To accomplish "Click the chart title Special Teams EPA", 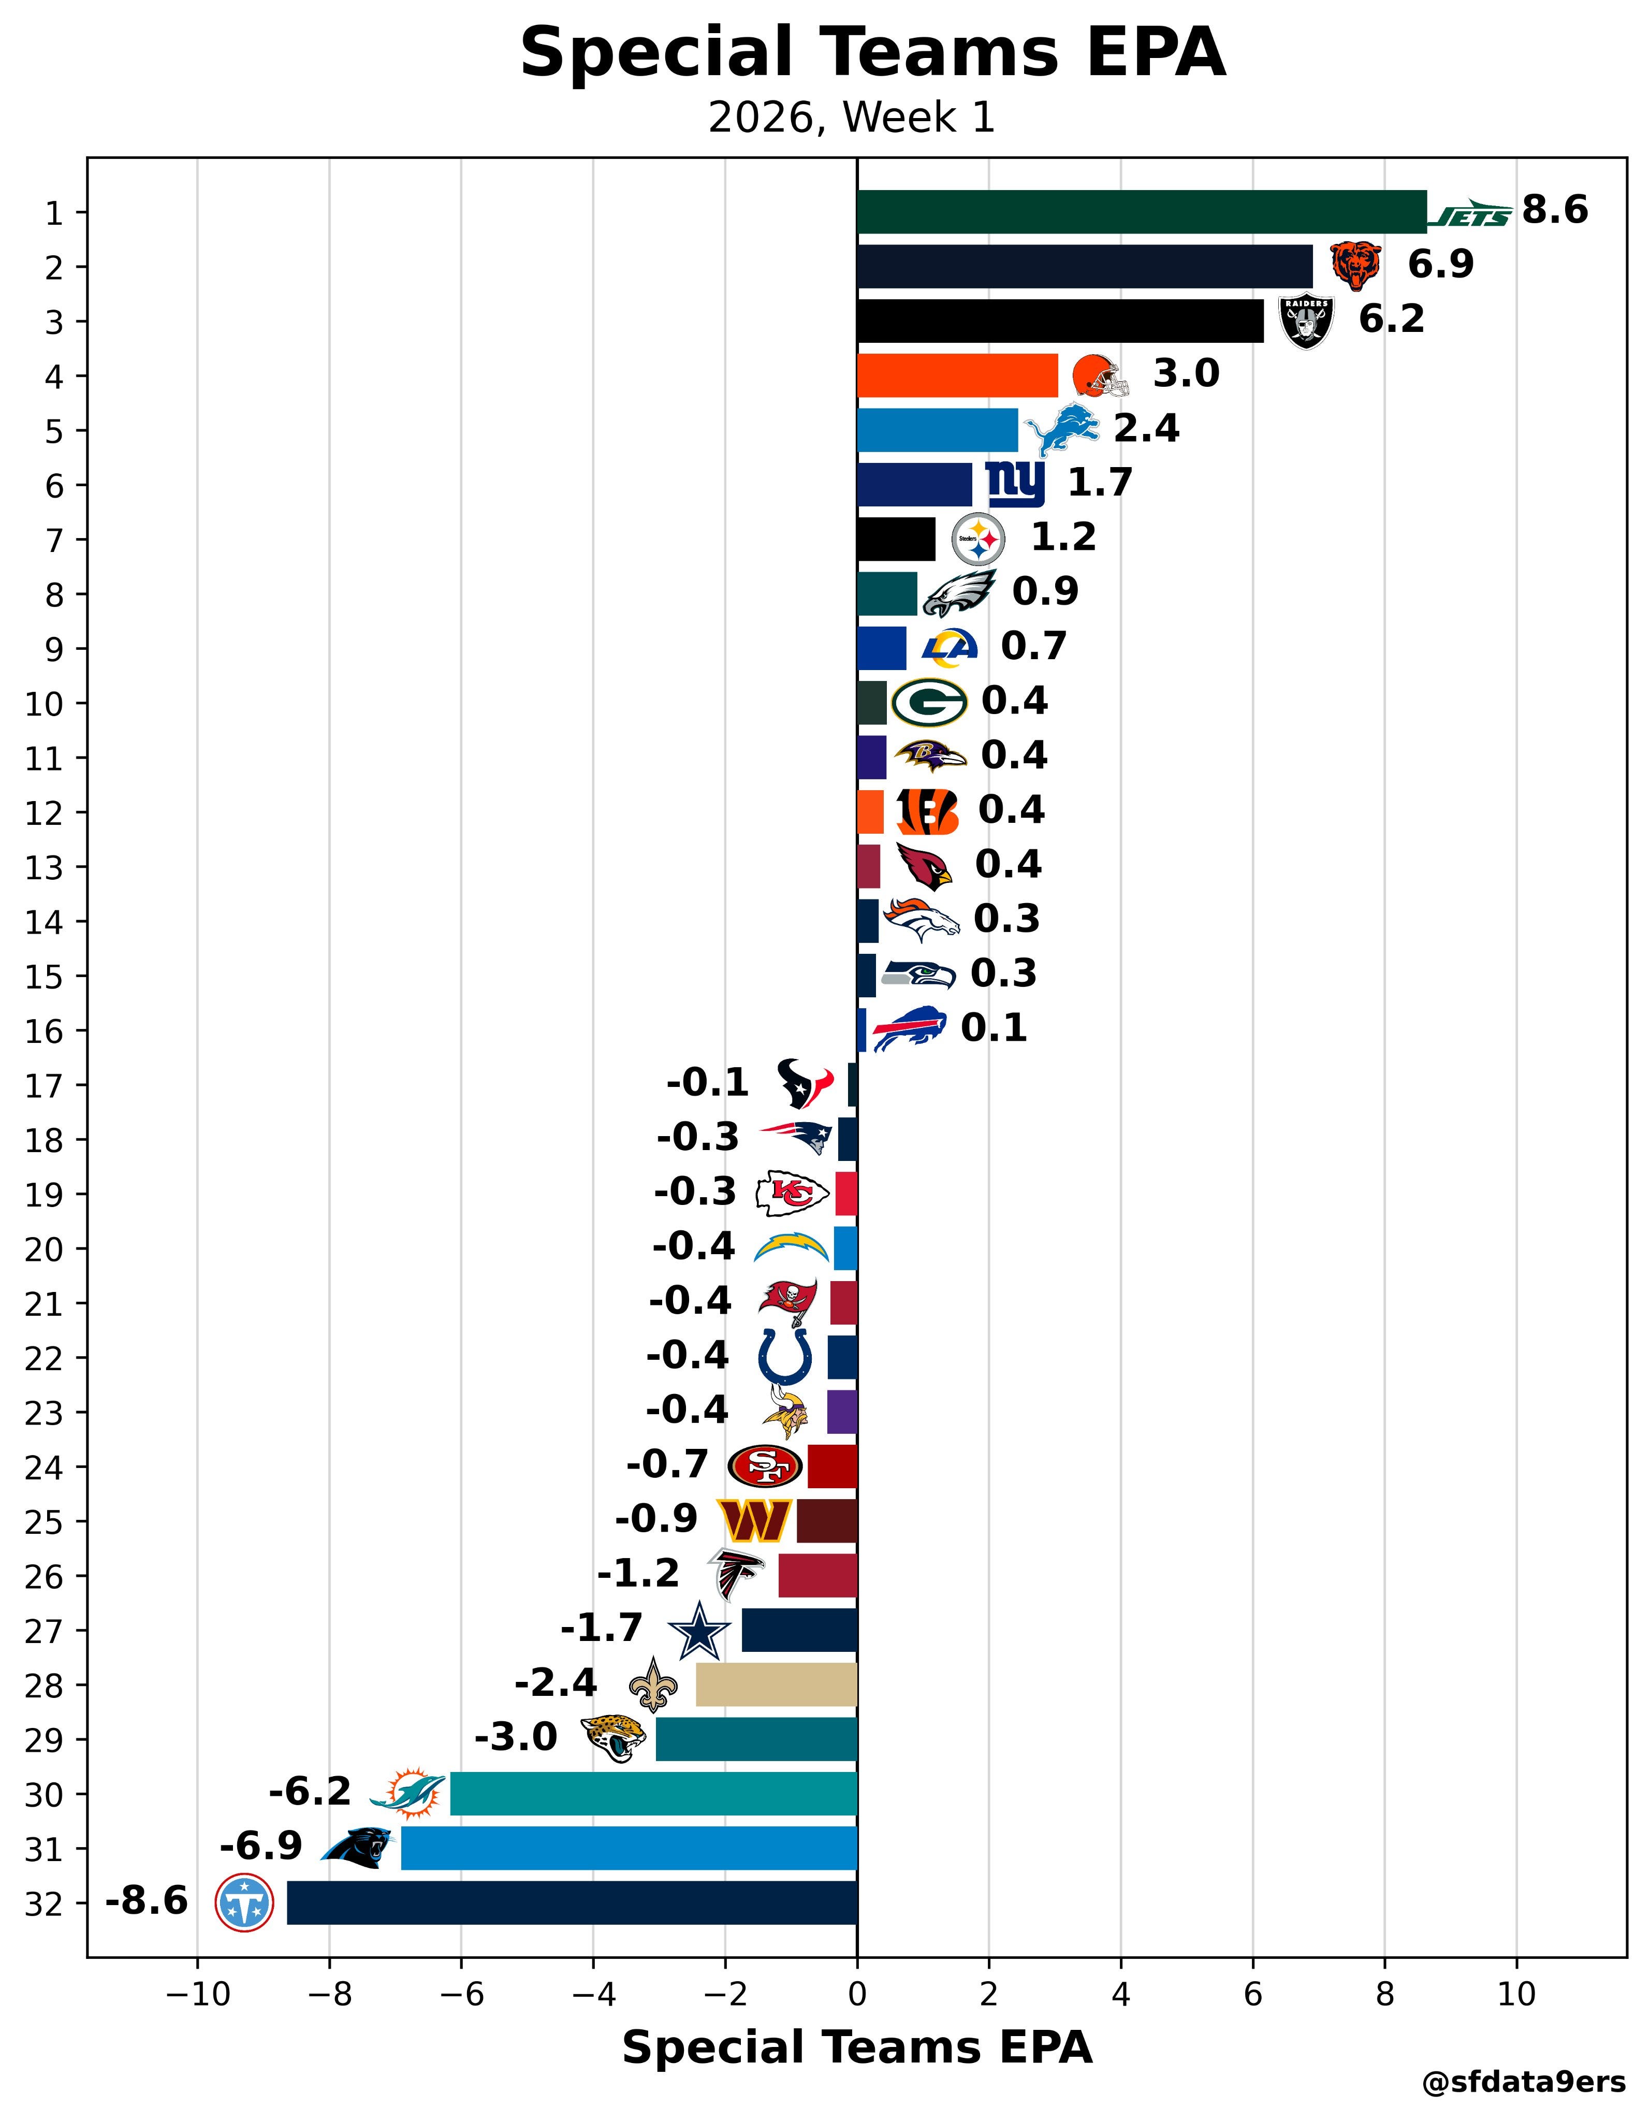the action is (x=872, y=53).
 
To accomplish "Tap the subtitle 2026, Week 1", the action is (x=852, y=119).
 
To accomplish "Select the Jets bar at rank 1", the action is (x=1141, y=212).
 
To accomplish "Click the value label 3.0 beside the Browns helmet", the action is (x=1186, y=374).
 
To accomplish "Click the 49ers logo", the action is (x=765, y=1465).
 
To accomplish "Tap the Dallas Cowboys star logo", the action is (x=698, y=1631).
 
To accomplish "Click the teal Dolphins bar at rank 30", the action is (x=653, y=1793).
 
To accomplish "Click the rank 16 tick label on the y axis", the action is (x=43, y=1030).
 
